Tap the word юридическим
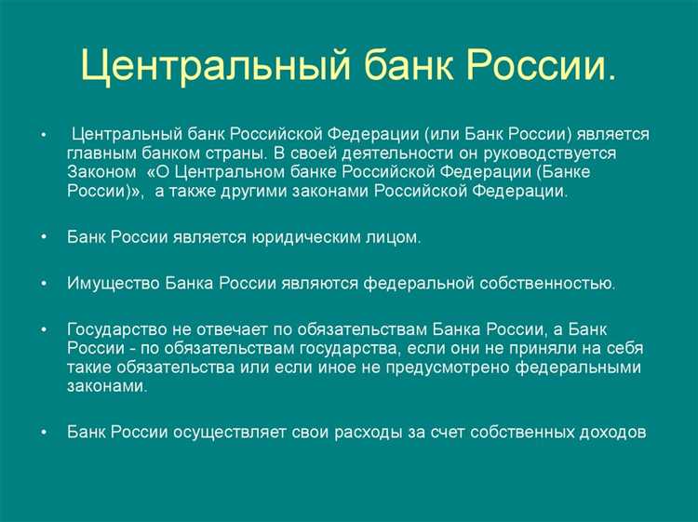(301, 237)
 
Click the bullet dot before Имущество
(44, 284)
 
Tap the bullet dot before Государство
(44, 329)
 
